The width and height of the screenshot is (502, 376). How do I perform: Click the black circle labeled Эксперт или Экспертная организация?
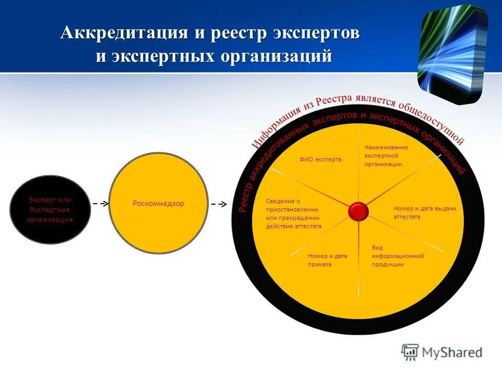coord(50,209)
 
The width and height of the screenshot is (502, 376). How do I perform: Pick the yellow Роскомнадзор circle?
coord(158,203)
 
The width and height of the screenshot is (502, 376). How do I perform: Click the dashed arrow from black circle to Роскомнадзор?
coord(100,203)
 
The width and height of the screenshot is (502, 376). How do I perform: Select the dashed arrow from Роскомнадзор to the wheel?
coord(219,203)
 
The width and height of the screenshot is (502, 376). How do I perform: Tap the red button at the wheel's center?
coord(359,211)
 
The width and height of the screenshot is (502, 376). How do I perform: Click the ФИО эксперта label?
coord(320,159)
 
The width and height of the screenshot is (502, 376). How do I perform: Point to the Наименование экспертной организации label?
coord(386,156)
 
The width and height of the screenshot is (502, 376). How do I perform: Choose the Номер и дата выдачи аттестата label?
coord(425,213)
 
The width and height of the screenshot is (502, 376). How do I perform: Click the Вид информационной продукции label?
coord(397,256)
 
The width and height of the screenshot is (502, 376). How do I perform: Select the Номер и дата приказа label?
coord(327,260)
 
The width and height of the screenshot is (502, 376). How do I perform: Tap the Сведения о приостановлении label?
coord(293,214)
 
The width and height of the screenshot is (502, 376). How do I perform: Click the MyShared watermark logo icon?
coord(410,352)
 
